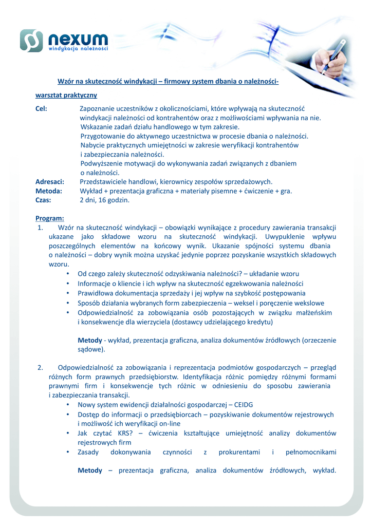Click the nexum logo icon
[31, 41]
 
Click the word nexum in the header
[78, 38]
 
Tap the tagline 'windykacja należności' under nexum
[78, 49]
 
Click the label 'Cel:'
[41, 108]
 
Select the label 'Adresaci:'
[49, 181]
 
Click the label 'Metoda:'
[48, 191]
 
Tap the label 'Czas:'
[43, 200]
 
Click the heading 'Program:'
[49, 218]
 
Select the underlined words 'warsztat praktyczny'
[66, 95]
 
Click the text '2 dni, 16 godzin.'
[104, 200]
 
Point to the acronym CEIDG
[242, 405]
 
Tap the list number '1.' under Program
[41, 228]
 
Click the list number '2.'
[41, 367]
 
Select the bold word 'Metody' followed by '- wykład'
[89, 340]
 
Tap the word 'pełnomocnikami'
[311, 452]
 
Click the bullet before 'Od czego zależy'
[68, 274]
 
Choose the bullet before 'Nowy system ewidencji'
[68, 405]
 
